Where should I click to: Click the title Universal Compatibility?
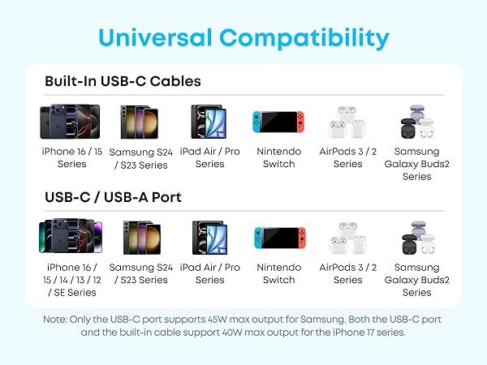click(243, 37)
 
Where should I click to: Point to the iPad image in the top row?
click(209, 122)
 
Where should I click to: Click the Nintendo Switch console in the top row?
click(278, 122)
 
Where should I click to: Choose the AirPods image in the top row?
click(347, 122)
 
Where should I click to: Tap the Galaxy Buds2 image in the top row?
click(416, 122)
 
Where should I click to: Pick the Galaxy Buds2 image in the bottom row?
click(416, 238)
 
